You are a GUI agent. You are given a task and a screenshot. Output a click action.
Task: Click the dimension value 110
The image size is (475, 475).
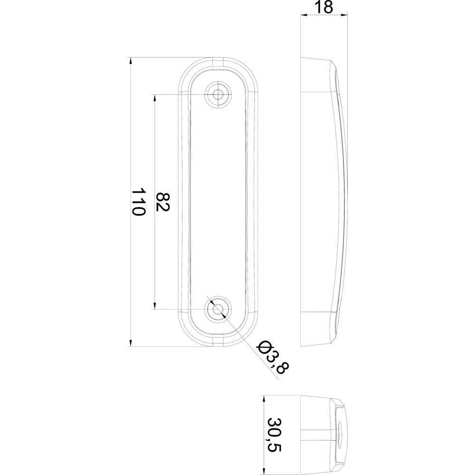point(138,202)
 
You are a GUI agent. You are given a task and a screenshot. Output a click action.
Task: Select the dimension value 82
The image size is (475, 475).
point(163,202)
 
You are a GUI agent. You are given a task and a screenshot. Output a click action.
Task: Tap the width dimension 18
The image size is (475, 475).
point(324,7)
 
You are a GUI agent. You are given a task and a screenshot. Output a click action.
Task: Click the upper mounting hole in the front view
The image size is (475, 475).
point(218,94)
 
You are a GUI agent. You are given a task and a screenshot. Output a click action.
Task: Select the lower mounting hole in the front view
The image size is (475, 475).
point(218,309)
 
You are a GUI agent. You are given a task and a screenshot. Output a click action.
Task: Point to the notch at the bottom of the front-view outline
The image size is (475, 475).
point(218,342)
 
